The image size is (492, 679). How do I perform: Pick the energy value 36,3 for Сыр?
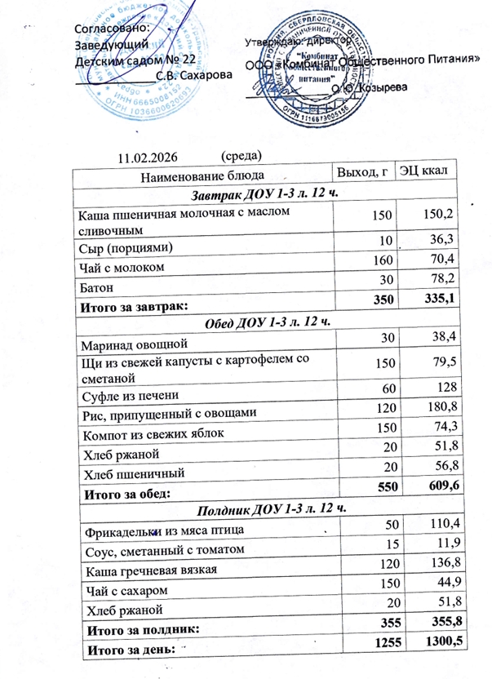(x=440, y=238)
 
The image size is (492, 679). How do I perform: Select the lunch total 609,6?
(x=438, y=487)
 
